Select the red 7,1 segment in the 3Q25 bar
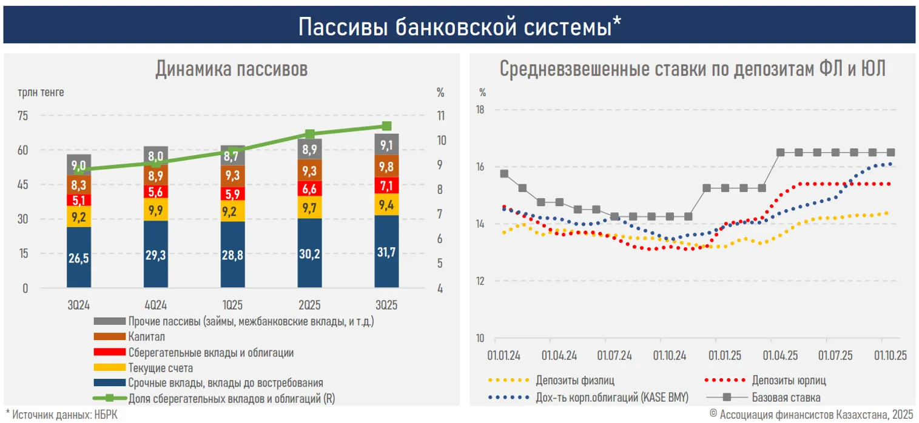point(386,185)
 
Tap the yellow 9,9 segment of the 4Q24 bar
point(156,210)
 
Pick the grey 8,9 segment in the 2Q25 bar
point(309,150)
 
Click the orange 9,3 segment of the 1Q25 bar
point(233,174)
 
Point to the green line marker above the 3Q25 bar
point(386,126)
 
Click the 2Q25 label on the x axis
point(309,305)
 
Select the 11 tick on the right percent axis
point(441,116)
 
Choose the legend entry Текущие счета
point(160,368)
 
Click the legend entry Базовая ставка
point(786,398)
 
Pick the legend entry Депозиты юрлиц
point(789,381)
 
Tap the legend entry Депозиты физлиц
point(574,381)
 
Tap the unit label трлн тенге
point(41,93)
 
